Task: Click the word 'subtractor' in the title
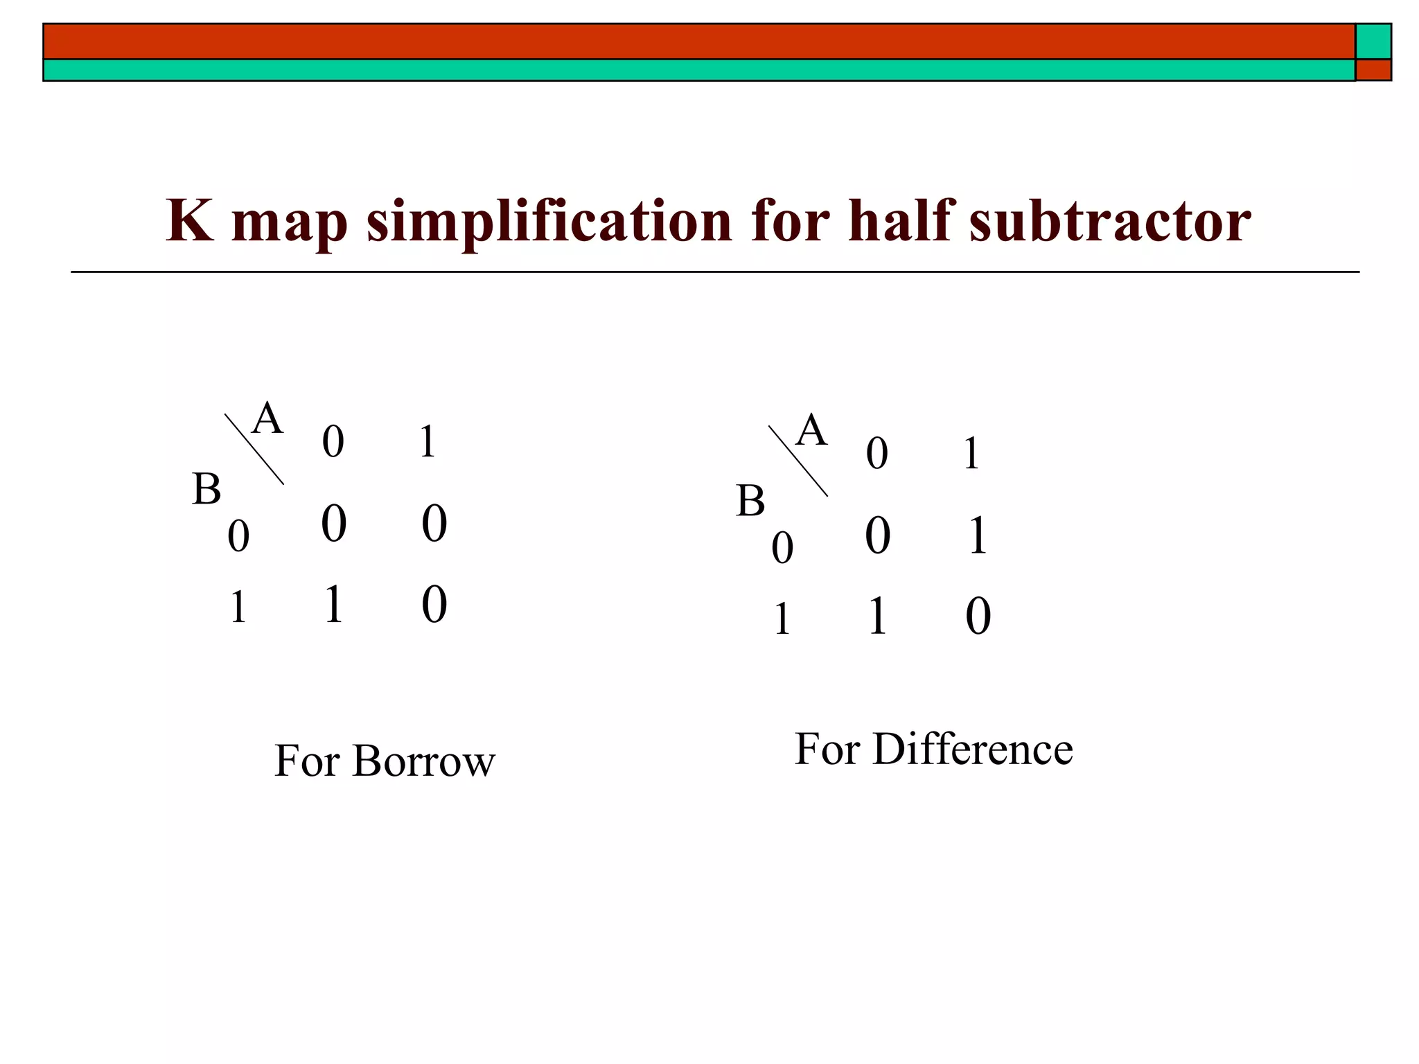pos(1109,221)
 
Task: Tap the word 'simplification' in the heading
pos(549,221)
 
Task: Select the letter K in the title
pos(189,221)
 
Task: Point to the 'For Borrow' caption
pos(385,761)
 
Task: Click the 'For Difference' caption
pos(933,749)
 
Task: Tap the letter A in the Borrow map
pos(267,419)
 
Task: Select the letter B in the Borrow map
pos(206,489)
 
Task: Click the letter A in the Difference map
pos(812,431)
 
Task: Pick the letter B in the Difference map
pos(750,501)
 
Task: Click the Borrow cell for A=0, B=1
pos(334,604)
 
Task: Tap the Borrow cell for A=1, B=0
pos(434,524)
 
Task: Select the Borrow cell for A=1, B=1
pos(434,604)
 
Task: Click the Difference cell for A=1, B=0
pos(978,535)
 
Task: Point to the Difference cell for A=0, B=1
pos(877,616)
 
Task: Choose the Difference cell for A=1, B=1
pos(978,616)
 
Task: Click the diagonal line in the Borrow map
pos(254,449)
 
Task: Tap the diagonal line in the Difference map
pos(798,461)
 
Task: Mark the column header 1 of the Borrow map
pos(428,442)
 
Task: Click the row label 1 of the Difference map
pos(782,619)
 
